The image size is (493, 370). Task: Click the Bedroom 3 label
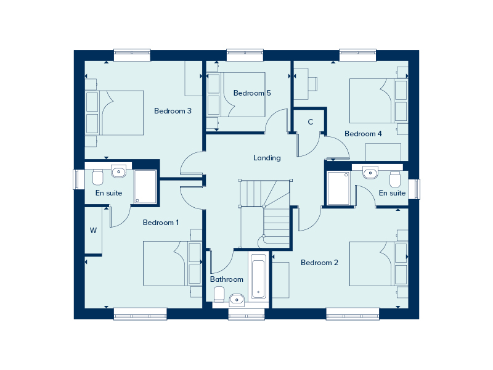pyautogui.click(x=173, y=111)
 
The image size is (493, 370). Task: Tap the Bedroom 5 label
pyautogui.click(x=252, y=93)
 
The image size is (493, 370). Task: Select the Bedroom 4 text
pyautogui.click(x=363, y=134)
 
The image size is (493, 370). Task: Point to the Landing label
pyautogui.click(x=267, y=158)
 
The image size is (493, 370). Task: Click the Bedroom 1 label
pyautogui.click(x=161, y=223)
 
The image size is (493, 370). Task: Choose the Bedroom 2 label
pyautogui.click(x=319, y=263)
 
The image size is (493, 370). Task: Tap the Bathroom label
pyautogui.click(x=226, y=279)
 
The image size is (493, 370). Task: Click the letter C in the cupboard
pyautogui.click(x=311, y=122)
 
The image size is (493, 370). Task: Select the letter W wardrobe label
pyautogui.click(x=94, y=231)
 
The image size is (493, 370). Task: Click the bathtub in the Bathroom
pyautogui.click(x=258, y=277)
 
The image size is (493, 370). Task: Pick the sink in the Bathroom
pyautogui.click(x=237, y=300)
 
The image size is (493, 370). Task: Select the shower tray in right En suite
pyautogui.click(x=338, y=188)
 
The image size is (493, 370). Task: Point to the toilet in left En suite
pyautogui.click(x=97, y=178)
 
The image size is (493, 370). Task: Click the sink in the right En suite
pyautogui.click(x=370, y=173)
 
